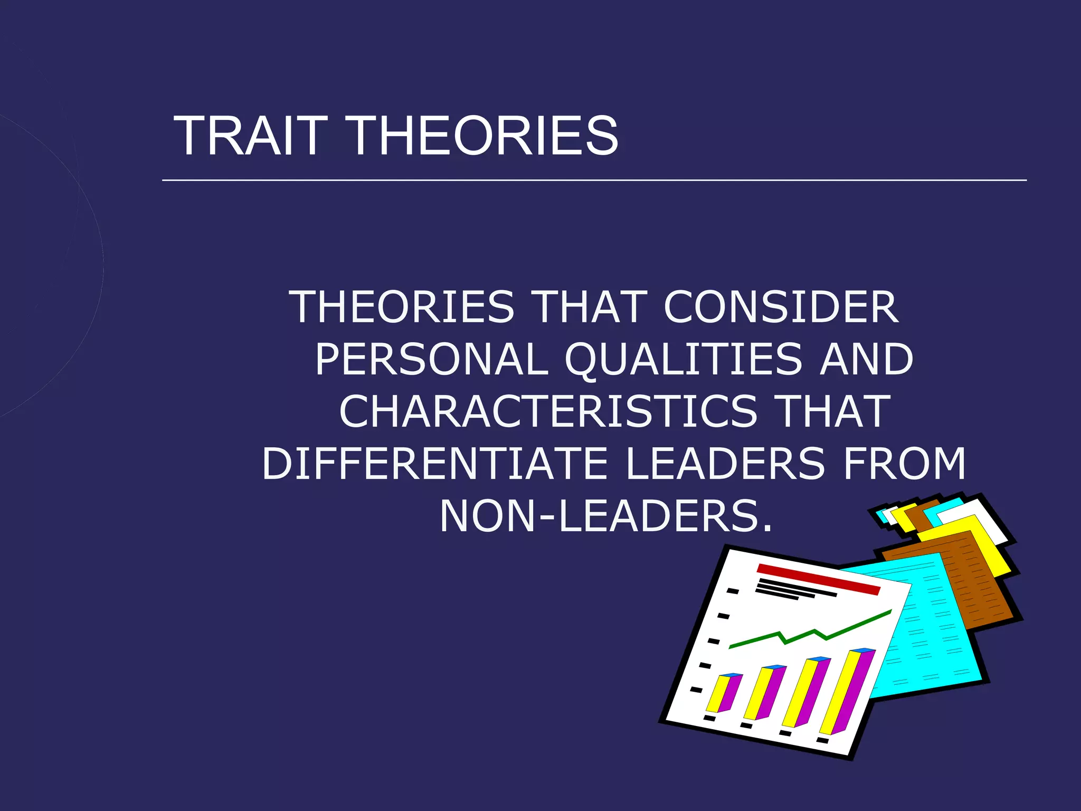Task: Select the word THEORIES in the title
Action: [x=483, y=136]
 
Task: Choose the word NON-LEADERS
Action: [x=606, y=516]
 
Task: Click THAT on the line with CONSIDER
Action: [x=591, y=307]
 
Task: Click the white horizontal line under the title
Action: [x=594, y=180]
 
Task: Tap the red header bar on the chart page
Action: [x=818, y=579]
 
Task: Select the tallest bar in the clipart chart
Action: [x=845, y=692]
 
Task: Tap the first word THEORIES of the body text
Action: [x=404, y=307]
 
